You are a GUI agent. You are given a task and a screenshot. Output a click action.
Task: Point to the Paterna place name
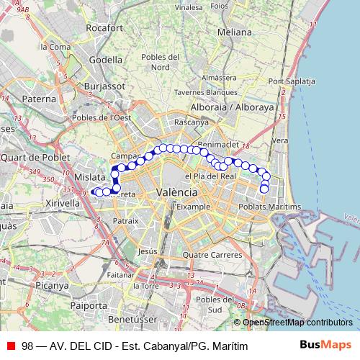tap(39, 98)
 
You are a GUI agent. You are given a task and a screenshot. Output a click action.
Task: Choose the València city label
tap(176, 193)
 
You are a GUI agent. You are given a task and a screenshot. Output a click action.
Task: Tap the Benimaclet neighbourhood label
tap(213, 144)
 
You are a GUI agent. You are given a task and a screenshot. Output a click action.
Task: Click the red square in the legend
tap(11, 346)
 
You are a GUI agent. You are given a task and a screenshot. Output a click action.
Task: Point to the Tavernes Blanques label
tap(207, 93)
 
